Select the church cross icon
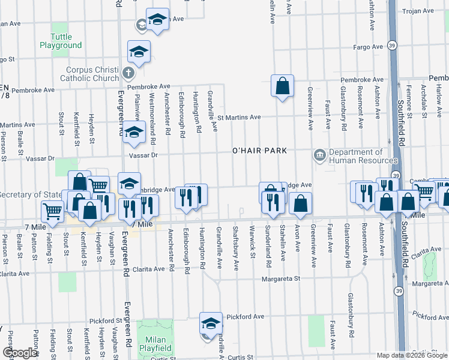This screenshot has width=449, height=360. click(x=127, y=74)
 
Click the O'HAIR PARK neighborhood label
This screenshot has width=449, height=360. click(x=259, y=150)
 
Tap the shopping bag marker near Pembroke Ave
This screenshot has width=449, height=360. click(x=282, y=86)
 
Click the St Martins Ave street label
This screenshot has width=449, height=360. click(x=239, y=117)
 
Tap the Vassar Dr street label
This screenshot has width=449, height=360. click(x=143, y=154)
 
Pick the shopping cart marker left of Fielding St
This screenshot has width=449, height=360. click(x=53, y=211)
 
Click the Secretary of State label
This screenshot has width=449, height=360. click(x=30, y=194)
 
